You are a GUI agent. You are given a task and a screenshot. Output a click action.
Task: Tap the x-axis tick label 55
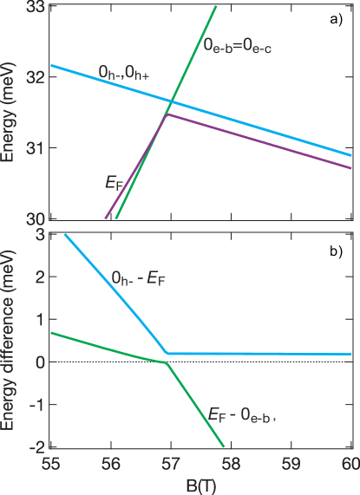pos(52,464)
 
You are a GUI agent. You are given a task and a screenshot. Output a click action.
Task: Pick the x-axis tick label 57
pos(172,464)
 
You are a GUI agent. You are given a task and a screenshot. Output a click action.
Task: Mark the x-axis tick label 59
pos(291,464)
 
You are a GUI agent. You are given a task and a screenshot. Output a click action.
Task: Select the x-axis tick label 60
pos(348,464)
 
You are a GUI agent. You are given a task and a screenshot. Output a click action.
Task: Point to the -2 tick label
pos(36,447)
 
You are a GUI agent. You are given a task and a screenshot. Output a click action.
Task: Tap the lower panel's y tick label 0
pos(39,361)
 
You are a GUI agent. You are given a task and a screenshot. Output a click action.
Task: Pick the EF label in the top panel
pos(113,182)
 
